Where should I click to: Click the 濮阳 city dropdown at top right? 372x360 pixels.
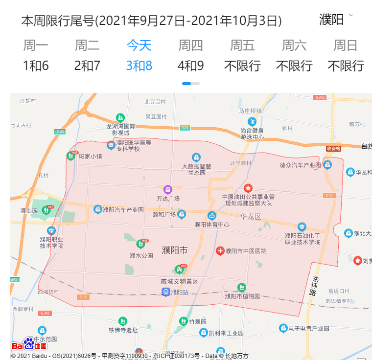336,20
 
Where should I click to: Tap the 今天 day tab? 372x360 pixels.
139,45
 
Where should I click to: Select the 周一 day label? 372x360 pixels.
36,45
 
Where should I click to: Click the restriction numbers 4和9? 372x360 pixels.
190,66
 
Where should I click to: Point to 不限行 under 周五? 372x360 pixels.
242,66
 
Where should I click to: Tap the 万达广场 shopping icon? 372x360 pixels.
168,189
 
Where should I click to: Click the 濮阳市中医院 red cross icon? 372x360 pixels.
220,251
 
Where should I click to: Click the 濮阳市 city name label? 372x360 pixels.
174,250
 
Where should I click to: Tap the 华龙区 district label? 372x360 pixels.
251,216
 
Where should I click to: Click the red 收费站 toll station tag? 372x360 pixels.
333,148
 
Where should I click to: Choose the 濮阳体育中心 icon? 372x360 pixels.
212,215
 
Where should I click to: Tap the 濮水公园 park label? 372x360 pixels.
141,255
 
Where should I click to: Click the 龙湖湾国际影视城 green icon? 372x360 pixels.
120,117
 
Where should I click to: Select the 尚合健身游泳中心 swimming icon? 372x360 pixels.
252,121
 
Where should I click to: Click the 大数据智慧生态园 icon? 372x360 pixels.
196,157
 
